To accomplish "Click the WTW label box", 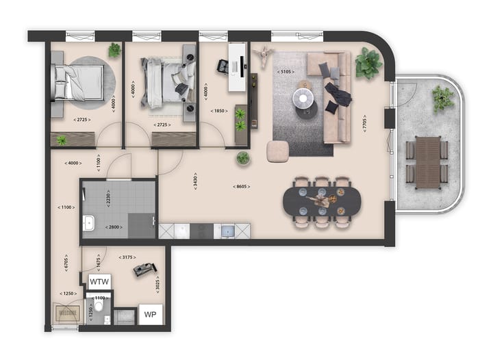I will pyautogui.click(x=99, y=282).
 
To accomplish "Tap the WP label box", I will pyautogui.click(x=150, y=315).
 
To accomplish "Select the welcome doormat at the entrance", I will pyautogui.click(x=67, y=314).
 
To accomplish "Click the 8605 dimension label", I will pyautogui.click(x=241, y=186).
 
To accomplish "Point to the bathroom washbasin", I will pyautogui.click(x=88, y=223).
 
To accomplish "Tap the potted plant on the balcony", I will pyautogui.click(x=442, y=99).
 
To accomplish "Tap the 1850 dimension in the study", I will pyautogui.click(x=219, y=111).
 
